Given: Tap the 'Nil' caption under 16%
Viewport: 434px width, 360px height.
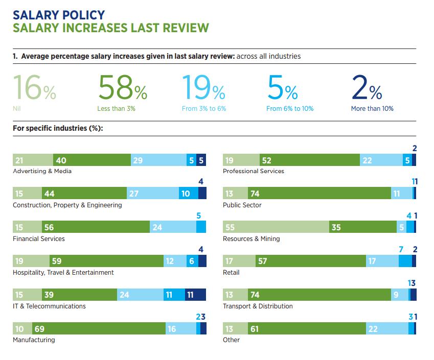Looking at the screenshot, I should coord(16,109).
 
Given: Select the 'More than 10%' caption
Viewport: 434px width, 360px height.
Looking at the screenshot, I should coord(372,109).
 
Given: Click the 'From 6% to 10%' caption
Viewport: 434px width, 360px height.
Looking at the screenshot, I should coord(290,109).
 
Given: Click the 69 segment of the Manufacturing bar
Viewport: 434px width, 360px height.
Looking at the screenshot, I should coord(99,329).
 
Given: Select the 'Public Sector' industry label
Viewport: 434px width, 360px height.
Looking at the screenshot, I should coord(242,205).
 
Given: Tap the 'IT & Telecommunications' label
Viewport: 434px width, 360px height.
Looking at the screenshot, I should coord(49,306).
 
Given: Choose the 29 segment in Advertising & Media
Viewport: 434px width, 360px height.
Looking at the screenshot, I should coord(159,160).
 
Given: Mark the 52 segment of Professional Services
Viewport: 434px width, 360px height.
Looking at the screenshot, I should coord(310,160).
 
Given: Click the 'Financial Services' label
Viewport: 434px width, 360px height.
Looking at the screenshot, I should coord(39,239).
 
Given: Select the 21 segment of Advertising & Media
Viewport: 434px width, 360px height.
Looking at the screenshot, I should coord(33,160).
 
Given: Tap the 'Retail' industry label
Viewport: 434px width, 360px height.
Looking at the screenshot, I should coord(231,273).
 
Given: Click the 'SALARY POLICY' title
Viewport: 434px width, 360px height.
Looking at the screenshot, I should coord(59,14).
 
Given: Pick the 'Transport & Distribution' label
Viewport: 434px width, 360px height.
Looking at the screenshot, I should coord(258,306).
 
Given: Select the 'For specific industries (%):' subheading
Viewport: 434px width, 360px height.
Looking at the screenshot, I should coord(58,128).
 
